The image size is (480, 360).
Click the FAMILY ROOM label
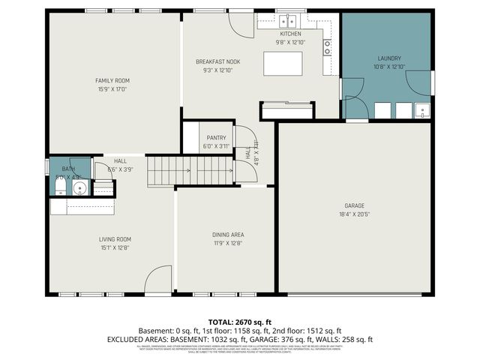[112, 80]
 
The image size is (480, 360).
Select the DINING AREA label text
[227, 235]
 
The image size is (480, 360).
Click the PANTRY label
[216, 138]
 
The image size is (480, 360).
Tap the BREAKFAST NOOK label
[217, 61]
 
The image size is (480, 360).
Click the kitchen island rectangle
[283, 64]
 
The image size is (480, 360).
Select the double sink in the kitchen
[287, 22]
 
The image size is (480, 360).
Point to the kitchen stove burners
[328, 47]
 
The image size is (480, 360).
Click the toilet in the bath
[60, 187]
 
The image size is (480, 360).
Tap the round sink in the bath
[79, 187]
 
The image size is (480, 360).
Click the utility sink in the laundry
[422, 111]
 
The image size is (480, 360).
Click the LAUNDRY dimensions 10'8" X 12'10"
[389, 67]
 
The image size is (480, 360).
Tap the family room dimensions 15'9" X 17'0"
[112, 89]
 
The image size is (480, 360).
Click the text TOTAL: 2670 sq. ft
[239, 320]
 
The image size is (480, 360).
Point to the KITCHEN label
[290, 34]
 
